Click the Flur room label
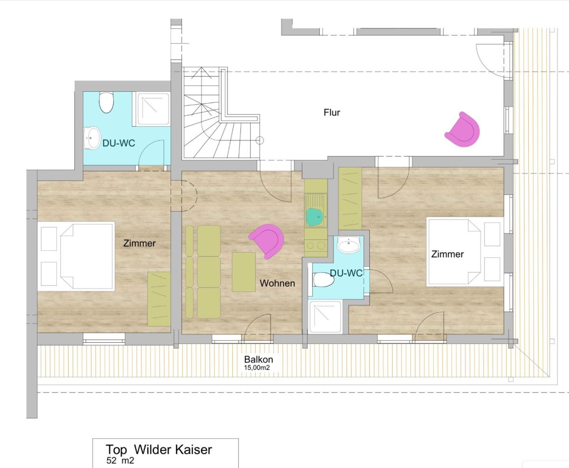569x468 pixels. click(x=332, y=112)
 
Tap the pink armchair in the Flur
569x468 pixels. click(x=463, y=129)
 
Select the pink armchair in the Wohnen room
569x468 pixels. click(x=267, y=242)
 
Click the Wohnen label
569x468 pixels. click(x=277, y=283)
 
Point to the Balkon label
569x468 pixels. click(x=258, y=359)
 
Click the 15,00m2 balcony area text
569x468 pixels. click(x=257, y=367)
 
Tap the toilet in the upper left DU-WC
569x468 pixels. click(x=106, y=102)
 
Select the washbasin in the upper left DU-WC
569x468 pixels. click(x=92, y=138)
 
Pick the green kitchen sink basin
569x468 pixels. click(x=315, y=217)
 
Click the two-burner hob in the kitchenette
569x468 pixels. click(x=316, y=245)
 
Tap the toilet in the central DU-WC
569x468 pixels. click(x=323, y=280)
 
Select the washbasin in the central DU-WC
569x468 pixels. click(x=349, y=244)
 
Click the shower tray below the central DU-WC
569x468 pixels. click(x=325, y=317)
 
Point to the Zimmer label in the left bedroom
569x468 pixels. click(x=139, y=243)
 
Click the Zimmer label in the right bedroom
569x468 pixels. click(x=447, y=254)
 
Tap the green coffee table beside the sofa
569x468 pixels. click(x=243, y=272)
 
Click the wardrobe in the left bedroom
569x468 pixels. click(x=159, y=299)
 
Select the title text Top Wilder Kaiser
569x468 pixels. click(x=159, y=449)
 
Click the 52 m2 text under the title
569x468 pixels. click(x=120, y=460)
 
